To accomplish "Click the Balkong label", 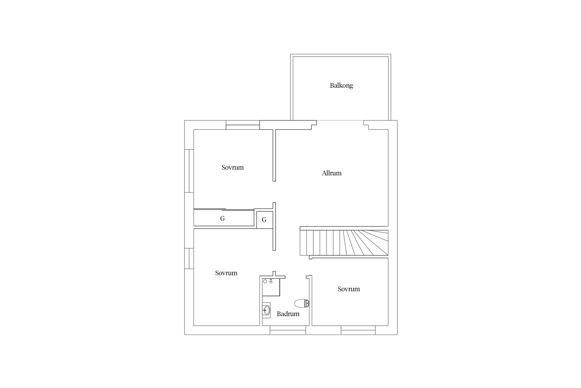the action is [x=341, y=86].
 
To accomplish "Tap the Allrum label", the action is [x=332, y=173].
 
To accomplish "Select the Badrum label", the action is [x=288, y=314].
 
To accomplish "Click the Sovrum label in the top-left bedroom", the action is [x=232, y=167].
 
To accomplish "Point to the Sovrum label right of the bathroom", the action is [x=349, y=289].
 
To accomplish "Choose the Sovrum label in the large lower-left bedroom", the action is [x=226, y=273].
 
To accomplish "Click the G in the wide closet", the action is [x=222, y=219].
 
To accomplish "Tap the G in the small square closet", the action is [x=264, y=220].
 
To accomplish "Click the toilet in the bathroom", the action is [x=302, y=303].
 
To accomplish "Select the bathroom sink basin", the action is [x=266, y=310].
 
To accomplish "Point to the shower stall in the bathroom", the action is [x=271, y=287].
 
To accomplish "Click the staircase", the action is [x=344, y=242].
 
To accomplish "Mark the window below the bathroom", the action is [x=288, y=330].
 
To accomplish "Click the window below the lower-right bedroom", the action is [x=358, y=330].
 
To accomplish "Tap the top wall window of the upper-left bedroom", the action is [x=243, y=125].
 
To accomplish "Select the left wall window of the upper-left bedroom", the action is [x=189, y=171].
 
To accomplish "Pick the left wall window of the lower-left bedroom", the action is [x=189, y=259].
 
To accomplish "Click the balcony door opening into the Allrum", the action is [x=340, y=121].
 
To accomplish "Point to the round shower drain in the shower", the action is [x=265, y=281].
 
